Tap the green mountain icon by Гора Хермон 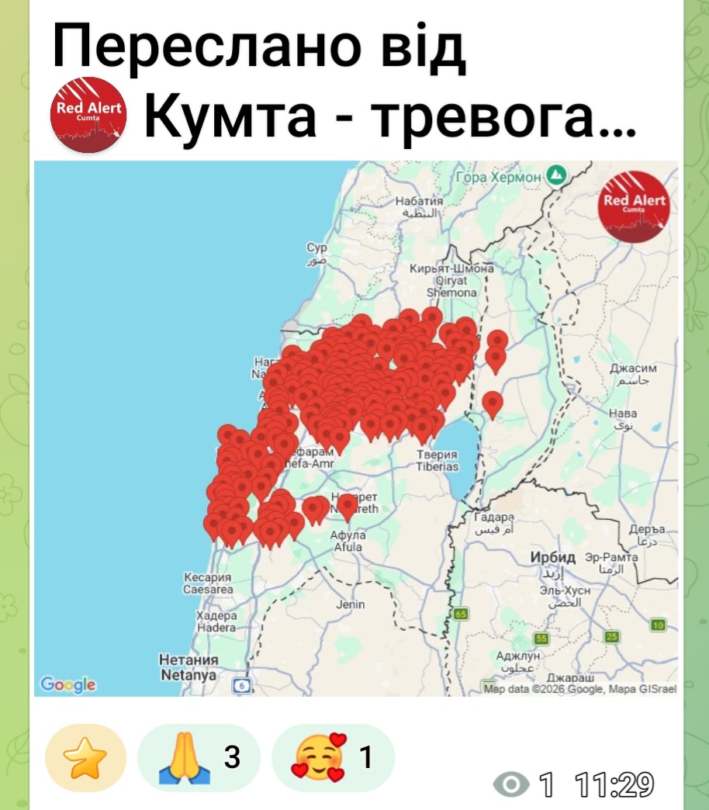[555, 174]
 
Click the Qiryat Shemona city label [452, 287]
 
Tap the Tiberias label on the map [437, 467]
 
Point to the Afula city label [348, 547]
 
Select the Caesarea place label [208, 590]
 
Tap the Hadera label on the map [216, 627]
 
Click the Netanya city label [188, 675]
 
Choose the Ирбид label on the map [553, 558]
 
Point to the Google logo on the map [68, 684]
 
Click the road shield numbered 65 [462, 614]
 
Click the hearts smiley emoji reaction [316, 757]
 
